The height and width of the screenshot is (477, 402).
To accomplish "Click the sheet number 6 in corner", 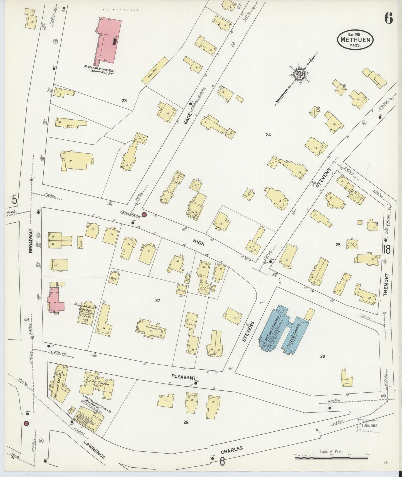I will click(x=388, y=19).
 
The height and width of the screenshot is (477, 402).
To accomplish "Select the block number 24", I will click(x=268, y=135).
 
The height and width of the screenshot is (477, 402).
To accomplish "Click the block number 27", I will click(x=158, y=300).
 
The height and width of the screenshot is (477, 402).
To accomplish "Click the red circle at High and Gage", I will click(x=144, y=215).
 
